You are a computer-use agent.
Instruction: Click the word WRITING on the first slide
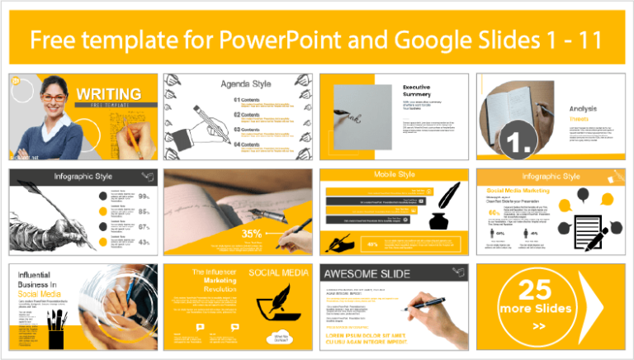pyautogui.click(x=107, y=94)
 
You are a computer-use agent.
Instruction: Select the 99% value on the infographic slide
pyautogui.click(x=144, y=197)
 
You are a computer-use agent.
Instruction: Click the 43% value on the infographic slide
pyautogui.click(x=144, y=242)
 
